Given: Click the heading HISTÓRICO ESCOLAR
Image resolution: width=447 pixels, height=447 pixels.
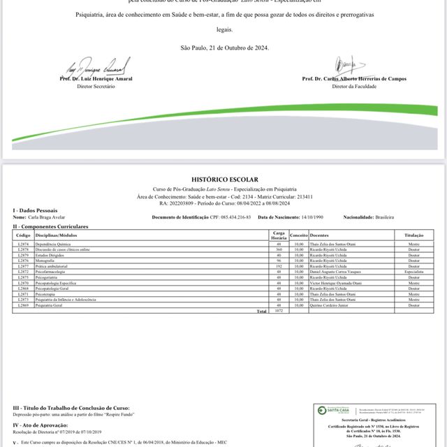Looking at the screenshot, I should click(223, 179).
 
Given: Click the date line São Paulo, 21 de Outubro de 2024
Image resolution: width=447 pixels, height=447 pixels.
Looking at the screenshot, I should click(223, 47).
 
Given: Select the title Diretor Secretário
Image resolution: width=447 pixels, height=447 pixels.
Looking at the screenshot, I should click(94, 86).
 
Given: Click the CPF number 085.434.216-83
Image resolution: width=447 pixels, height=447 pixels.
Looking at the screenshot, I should click(214, 218).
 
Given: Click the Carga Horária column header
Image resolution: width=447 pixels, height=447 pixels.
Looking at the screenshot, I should click(279, 236).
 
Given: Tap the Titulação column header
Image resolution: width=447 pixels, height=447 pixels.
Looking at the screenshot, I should click(414, 236).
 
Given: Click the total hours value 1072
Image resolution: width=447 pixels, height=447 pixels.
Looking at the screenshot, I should click(279, 311).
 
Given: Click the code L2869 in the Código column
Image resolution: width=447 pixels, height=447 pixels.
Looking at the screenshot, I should click(22, 306).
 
